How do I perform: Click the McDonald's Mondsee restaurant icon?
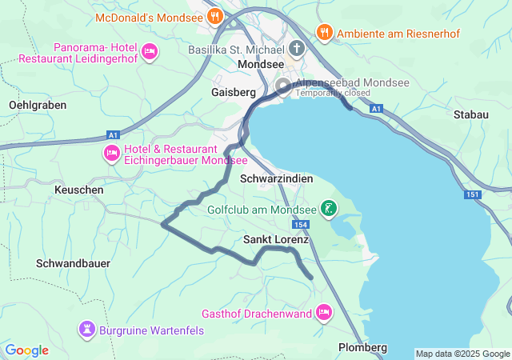coord(214,16)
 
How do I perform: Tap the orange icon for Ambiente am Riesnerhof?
coord(324,33)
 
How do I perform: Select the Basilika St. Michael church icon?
coord(297,49)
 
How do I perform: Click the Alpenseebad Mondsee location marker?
coord(283,86)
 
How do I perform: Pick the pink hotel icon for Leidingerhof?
coord(149,52)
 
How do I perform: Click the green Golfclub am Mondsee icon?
coord(328,210)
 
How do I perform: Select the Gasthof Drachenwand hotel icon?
coord(324,311)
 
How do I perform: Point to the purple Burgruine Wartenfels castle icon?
coord(86,329)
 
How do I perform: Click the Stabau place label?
coord(470,115)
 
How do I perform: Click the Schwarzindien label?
coord(276,179)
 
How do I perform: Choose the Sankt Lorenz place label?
coord(276,239)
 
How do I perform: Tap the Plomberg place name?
coord(362,347)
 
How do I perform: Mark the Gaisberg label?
coord(233,93)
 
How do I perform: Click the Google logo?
coord(26,350)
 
